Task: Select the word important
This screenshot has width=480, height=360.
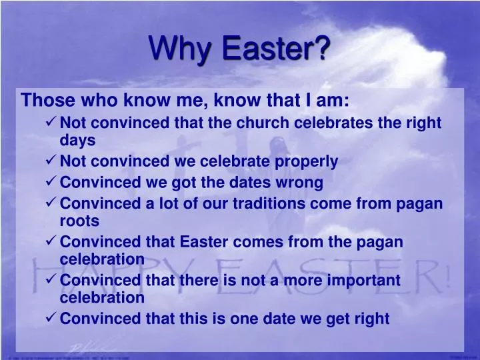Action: click(357, 280)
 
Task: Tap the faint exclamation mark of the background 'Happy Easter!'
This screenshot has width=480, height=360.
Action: click(445, 273)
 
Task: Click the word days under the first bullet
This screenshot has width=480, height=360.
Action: click(77, 140)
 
